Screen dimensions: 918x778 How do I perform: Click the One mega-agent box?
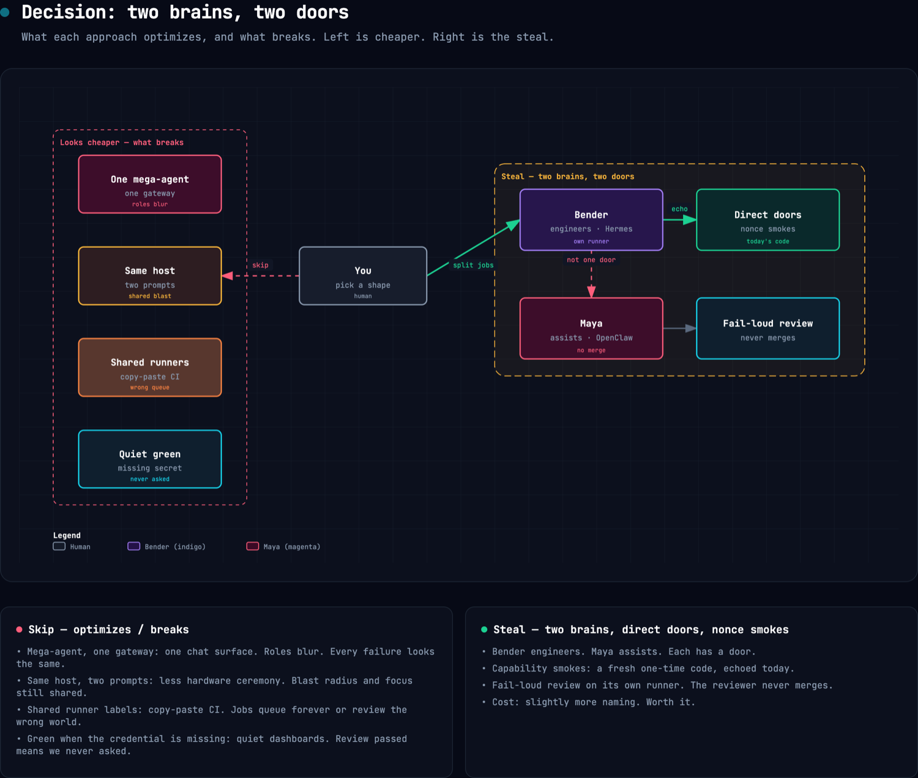click(x=150, y=184)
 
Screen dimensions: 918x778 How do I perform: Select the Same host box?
click(x=150, y=275)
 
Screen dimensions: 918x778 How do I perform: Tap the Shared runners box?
click(x=150, y=367)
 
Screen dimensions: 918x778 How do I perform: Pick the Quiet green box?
click(x=150, y=459)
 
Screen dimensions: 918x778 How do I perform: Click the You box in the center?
click(x=363, y=275)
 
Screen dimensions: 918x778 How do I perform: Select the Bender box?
click(x=591, y=220)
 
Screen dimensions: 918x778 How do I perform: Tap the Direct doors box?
click(x=767, y=220)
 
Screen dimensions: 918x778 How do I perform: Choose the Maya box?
click(x=591, y=328)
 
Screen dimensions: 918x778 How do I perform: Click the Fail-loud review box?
click(x=767, y=328)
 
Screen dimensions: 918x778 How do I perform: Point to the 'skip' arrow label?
click(x=260, y=265)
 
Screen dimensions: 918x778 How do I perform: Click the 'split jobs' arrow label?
click(x=473, y=265)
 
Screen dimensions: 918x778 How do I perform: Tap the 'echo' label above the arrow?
click(x=679, y=209)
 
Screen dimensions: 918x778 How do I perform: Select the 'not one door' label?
click(x=591, y=260)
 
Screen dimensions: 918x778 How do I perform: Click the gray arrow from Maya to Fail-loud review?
click(x=679, y=328)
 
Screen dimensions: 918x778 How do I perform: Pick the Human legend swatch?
click(x=59, y=546)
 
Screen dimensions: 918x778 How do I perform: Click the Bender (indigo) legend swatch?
click(x=133, y=546)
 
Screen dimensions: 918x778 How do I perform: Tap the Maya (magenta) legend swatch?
click(x=253, y=546)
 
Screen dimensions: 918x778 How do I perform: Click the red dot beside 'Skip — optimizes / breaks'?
click(x=19, y=629)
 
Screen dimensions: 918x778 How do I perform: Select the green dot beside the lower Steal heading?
click(x=484, y=629)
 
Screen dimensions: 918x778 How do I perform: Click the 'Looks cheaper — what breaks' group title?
click(x=122, y=143)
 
